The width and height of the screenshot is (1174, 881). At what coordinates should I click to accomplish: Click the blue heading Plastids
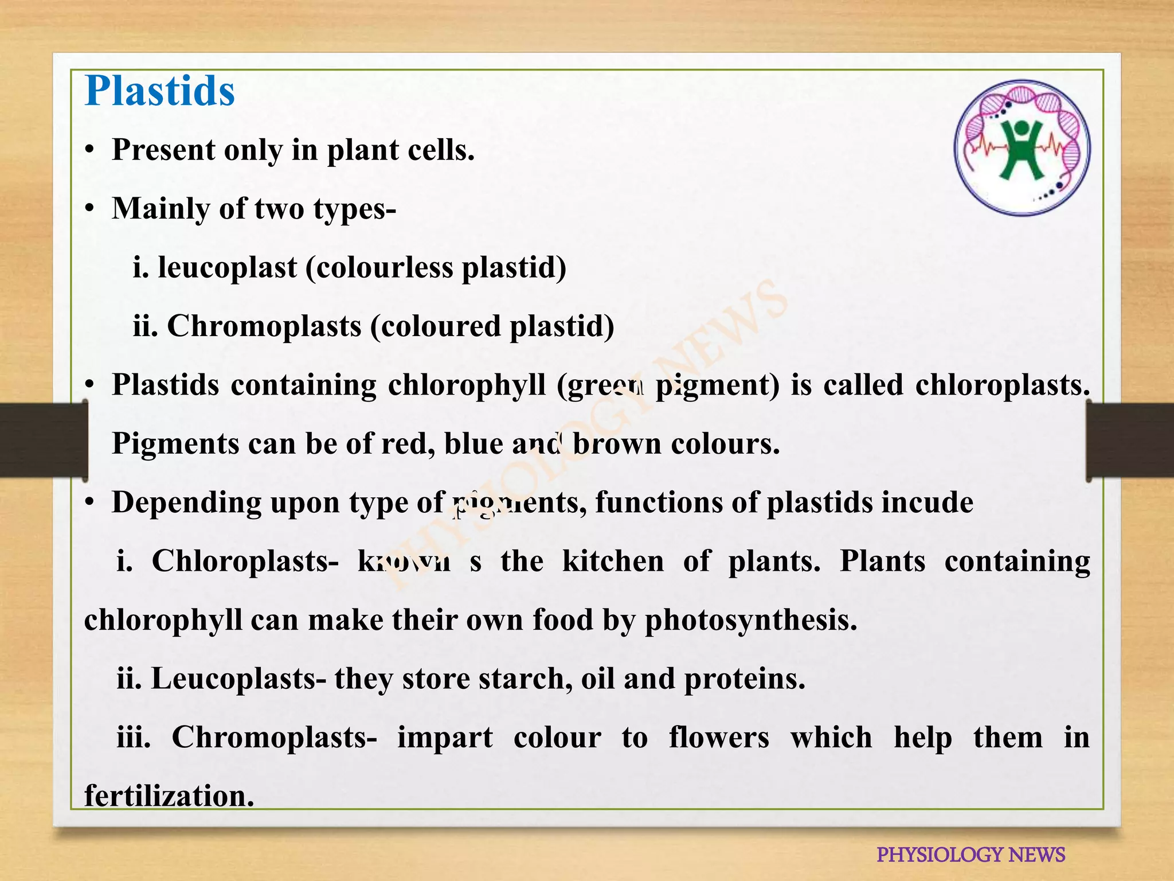click(160, 91)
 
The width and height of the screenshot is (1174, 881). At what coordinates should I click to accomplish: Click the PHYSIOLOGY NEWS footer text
click(970, 855)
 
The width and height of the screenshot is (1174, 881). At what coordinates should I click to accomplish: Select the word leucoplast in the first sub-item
click(227, 267)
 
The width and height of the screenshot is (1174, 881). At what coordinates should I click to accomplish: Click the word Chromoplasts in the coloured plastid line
click(264, 326)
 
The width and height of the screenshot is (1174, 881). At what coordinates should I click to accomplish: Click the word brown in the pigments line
click(617, 444)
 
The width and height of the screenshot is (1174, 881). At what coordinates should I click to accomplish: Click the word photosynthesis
click(750, 621)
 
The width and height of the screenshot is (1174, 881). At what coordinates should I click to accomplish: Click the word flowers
click(719, 738)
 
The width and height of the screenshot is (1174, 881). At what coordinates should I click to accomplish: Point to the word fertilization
click(169, 797)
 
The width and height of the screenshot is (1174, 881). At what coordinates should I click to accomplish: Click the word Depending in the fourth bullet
click(186, 503)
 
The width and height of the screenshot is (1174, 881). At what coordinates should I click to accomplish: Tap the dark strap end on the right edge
click(1129, 440)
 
